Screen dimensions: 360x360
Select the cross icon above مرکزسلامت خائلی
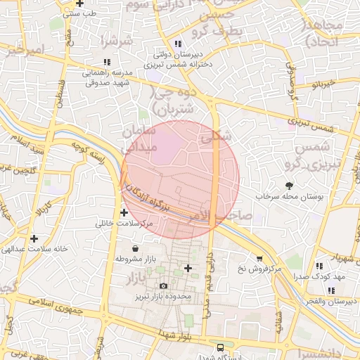124,212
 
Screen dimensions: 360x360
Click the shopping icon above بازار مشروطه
134,248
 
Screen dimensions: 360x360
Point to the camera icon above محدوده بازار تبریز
163,285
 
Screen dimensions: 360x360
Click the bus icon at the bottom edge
221,347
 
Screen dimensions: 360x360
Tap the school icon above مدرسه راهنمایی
106,62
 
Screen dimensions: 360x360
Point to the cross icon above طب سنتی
79,4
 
